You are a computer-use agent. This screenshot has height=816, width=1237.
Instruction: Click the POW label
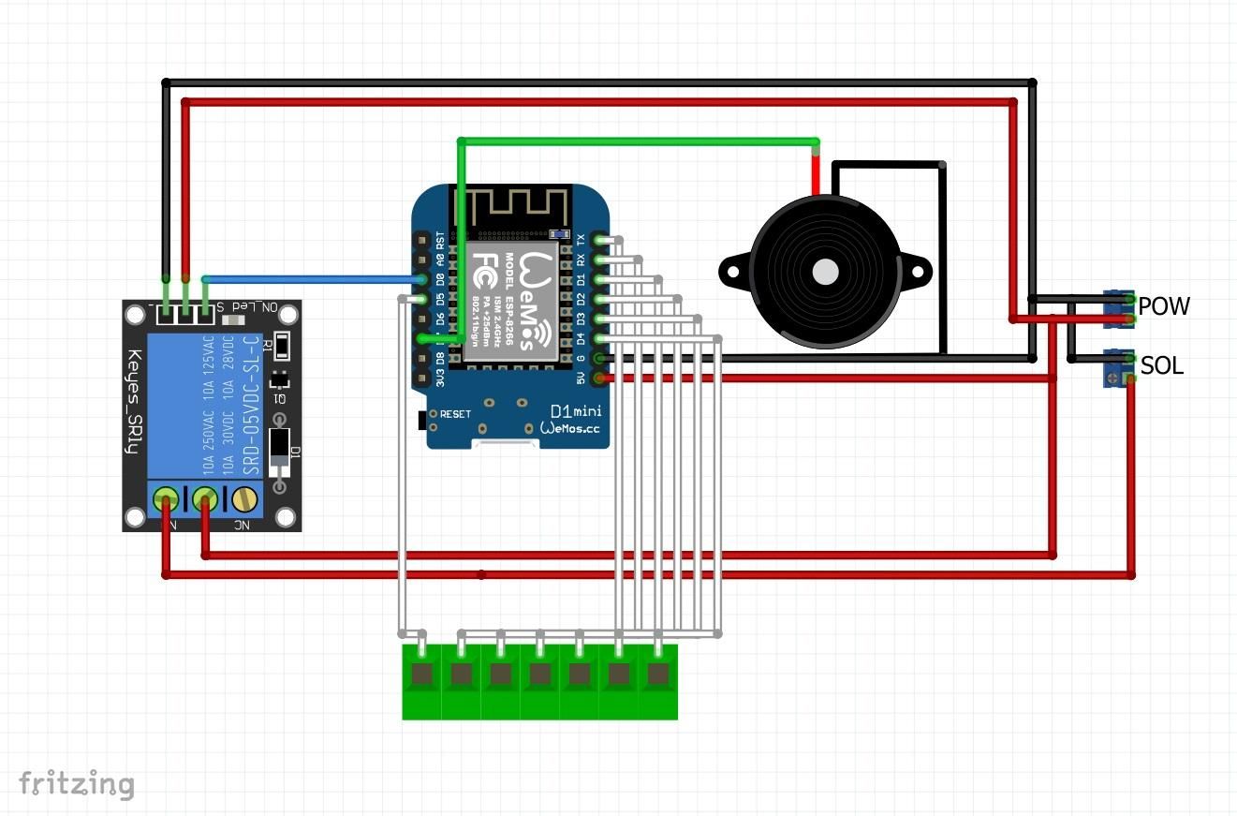1164,306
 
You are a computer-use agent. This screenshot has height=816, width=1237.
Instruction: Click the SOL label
1161,366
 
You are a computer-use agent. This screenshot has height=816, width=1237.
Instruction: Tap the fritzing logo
77,783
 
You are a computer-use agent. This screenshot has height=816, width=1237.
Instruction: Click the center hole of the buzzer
825,272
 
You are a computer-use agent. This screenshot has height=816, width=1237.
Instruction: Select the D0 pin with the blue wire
421,279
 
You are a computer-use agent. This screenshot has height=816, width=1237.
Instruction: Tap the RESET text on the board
455,413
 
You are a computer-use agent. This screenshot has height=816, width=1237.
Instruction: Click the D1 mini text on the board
575,411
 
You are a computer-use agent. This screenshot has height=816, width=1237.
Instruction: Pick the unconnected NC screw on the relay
244,498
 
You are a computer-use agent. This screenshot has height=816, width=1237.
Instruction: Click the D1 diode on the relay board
279,453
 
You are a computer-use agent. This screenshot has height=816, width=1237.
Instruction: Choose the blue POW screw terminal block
1118,308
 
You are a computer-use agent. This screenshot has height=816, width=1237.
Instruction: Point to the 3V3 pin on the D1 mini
421,378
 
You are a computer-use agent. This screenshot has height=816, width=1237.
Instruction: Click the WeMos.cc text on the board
571,428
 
